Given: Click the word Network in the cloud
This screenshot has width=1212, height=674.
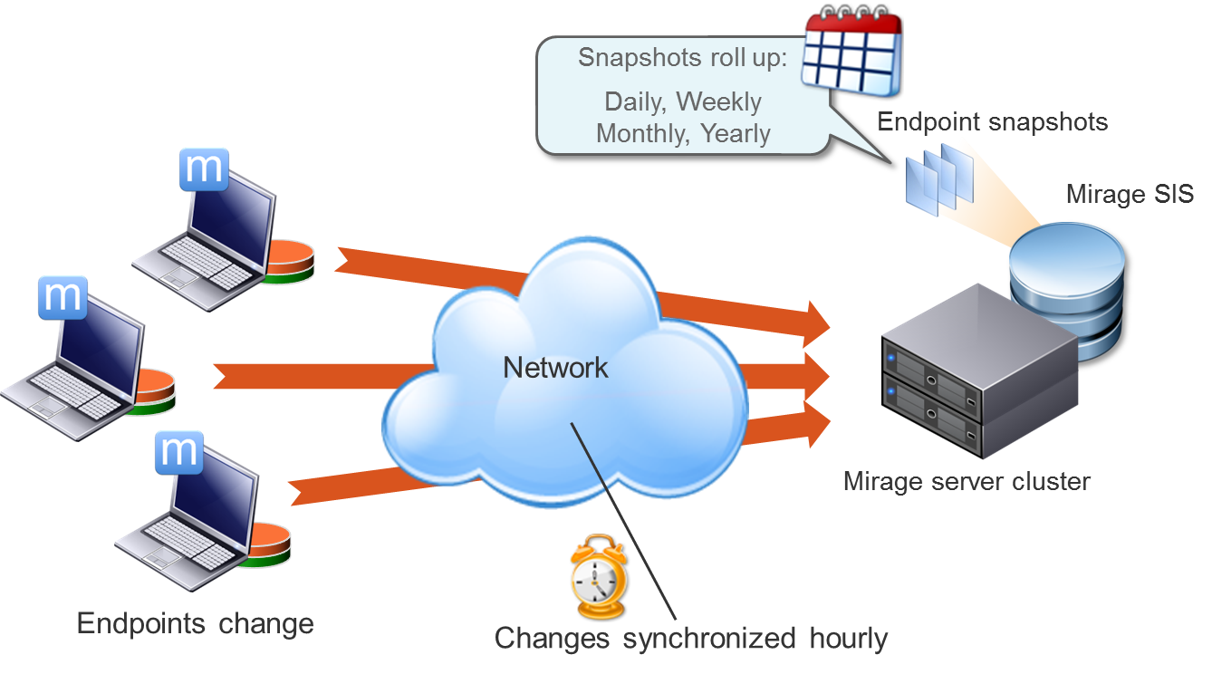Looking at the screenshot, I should [x=555, y=368].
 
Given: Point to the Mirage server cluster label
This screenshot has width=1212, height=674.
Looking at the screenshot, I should [x=967, y=481].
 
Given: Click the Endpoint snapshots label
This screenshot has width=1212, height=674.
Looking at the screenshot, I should [x=993, y=122].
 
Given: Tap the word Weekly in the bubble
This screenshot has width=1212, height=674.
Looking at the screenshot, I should [x=718, y=101].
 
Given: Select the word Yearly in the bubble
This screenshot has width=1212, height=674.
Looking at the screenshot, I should [x=735, y=134].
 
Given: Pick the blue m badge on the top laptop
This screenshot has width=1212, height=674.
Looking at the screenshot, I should [x=204, y=169].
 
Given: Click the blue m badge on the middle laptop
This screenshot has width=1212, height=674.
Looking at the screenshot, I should [x=63, y=297].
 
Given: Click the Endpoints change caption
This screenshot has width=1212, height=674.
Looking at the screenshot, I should [x=195, y=624].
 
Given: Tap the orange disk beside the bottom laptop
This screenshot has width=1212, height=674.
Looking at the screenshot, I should [x=268, y=542].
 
